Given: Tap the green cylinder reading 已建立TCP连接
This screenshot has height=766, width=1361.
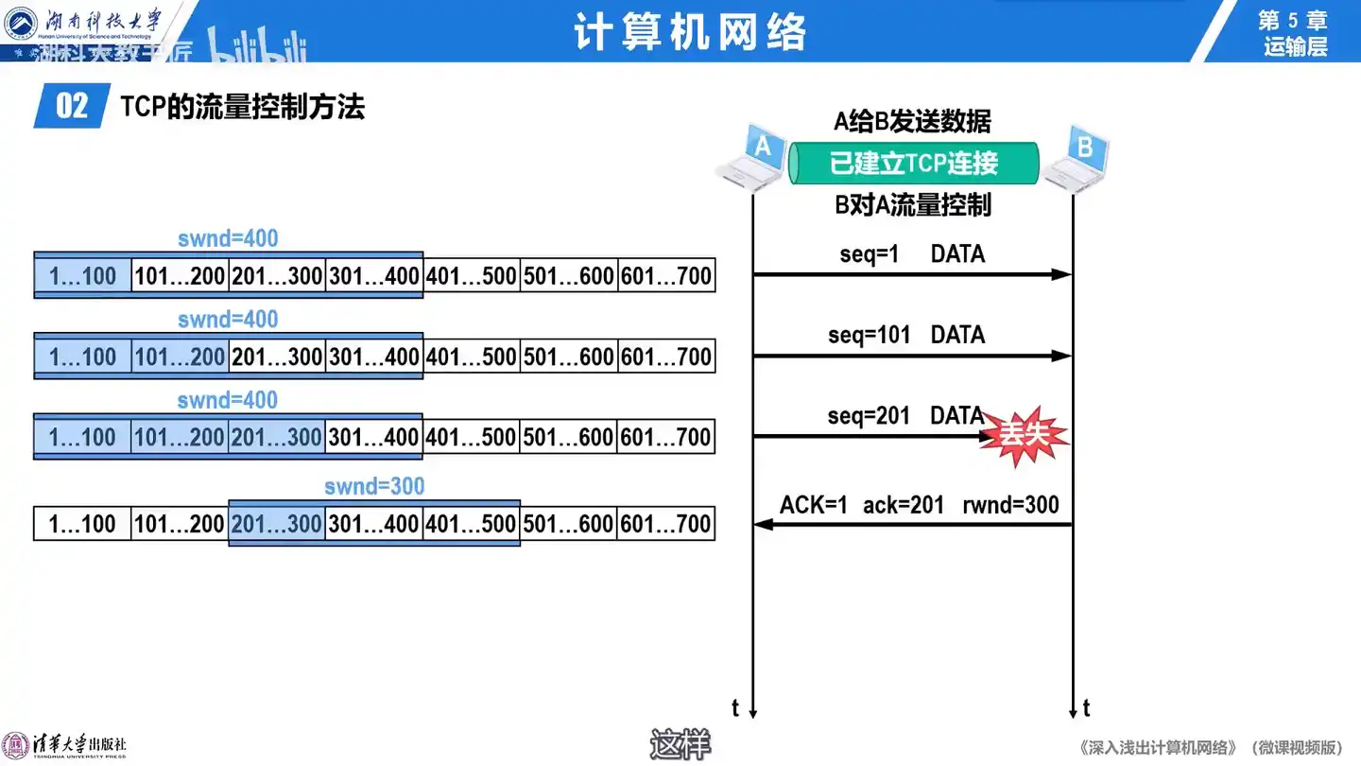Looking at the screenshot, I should (914, 164).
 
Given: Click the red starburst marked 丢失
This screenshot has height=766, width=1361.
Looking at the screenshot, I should (1024, 436).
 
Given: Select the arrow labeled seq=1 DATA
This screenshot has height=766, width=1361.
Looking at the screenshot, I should (912, 274).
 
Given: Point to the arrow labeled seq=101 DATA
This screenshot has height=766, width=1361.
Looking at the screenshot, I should (912, 356).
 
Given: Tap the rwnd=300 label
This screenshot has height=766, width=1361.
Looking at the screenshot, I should (1010, 505).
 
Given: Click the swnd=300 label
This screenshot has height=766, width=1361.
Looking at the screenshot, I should (374, 486).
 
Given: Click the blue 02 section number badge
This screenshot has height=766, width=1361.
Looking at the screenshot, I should (72, 106).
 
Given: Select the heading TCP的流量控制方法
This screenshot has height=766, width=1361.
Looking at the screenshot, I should (242, 107).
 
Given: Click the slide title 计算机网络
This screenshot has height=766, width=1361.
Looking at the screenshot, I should (690, 32).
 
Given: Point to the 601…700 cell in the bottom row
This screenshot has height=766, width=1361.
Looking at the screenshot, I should (666, 524).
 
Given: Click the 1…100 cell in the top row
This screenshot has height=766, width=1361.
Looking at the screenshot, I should (83, 276).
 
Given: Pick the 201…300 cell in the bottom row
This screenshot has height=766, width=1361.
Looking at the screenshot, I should (277, 524).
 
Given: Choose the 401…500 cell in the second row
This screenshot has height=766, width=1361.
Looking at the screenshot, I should (472, 357).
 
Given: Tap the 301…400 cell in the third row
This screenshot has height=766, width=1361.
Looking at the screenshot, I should (374, 437).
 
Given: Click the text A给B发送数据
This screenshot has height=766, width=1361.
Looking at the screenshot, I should (912, 121).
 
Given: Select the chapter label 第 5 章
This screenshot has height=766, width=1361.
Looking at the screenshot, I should (1293, 21).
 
